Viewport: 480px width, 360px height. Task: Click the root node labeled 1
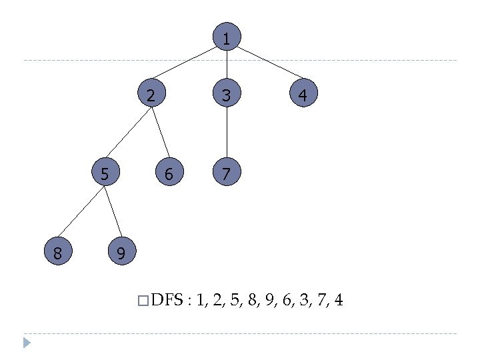click(227, 39)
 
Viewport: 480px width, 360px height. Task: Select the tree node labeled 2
click(151, 95)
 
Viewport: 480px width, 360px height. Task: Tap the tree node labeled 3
click(227, 95)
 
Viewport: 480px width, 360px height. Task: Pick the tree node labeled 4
click(303, 95)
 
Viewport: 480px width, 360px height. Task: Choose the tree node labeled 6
click(169, 173)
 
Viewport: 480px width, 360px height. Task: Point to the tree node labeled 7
click(227, 173)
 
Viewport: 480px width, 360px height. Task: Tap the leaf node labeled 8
click(57, 253)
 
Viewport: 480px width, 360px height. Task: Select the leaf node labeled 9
click(121, 253)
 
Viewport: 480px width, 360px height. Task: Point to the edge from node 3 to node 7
click(227, 134)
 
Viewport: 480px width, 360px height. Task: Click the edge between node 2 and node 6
click(160, 134)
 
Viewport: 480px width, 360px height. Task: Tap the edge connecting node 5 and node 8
click(82, 212)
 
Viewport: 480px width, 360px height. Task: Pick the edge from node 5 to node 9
click(113, 213)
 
